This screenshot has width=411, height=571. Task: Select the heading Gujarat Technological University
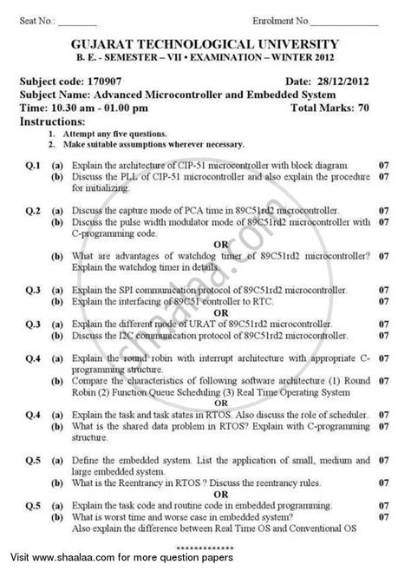(206, 50)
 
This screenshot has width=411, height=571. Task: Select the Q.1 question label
(34, 162)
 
